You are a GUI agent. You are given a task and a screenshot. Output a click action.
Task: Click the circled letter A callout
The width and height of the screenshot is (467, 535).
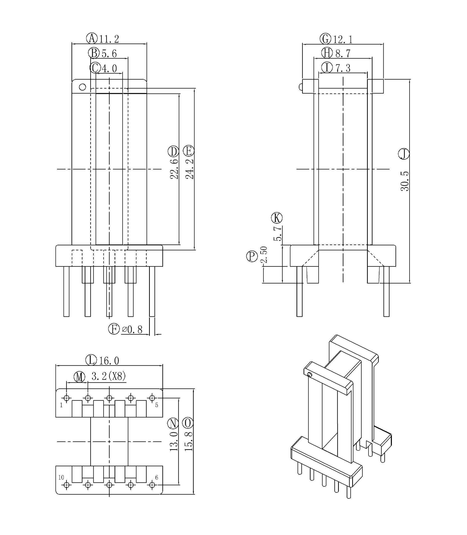pos(92,38)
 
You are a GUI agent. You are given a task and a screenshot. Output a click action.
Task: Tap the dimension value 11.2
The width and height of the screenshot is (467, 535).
pos(109,39)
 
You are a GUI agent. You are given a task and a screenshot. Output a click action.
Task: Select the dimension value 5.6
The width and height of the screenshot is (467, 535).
pos(109,54)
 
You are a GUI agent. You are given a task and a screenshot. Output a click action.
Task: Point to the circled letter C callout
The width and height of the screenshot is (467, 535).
pos(95,68)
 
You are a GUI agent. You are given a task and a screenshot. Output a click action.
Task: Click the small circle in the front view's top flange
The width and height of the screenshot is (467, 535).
pos(82,87)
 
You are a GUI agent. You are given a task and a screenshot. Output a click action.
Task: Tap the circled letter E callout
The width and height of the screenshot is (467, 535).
pos(189,151)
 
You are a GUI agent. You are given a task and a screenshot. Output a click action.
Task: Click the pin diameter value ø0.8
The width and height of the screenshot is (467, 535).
pos(132,330)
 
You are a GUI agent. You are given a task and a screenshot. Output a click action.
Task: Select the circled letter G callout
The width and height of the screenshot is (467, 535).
pos(325,39)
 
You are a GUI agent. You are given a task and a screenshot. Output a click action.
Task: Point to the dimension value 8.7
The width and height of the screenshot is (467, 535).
pos(343,54)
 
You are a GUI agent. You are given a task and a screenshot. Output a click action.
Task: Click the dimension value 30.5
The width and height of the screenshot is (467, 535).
pos(405,181)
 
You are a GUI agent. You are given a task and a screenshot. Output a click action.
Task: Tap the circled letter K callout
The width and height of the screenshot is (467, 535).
pos(277,218)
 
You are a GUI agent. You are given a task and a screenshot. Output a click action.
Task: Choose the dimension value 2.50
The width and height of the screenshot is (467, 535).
pos(264,254)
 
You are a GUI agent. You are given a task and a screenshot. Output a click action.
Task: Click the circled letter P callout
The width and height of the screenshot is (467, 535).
pos(252,256)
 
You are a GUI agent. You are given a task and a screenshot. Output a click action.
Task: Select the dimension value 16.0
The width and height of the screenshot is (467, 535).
pos(109,361)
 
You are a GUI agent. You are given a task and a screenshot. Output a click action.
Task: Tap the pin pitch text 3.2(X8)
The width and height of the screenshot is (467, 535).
pos(109,376)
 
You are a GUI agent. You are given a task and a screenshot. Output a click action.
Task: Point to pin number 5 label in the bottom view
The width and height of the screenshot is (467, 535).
pos(157,405)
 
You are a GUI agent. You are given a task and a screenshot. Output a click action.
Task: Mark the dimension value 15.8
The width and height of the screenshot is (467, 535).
pos(189,441)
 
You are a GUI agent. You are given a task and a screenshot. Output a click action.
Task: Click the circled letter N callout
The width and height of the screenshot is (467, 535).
pos(173,423)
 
